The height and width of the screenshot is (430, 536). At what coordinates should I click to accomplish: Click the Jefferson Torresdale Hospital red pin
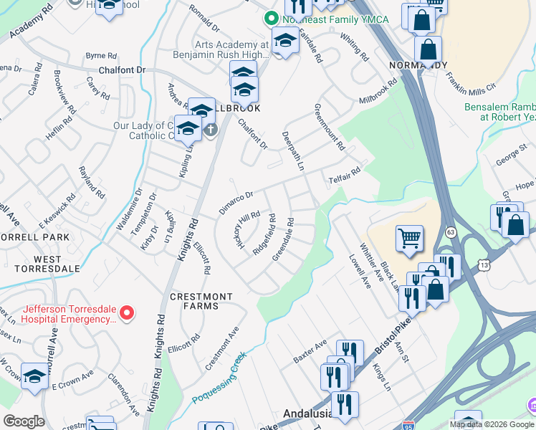coord(127,312)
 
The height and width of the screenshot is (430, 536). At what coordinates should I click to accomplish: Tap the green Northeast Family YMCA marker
coord(271,18)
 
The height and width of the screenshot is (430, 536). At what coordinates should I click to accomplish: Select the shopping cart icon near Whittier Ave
coord(409,237)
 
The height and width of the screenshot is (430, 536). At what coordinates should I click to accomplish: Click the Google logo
coord(24,421)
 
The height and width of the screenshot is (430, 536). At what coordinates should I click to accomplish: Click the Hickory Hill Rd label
coord(246,230)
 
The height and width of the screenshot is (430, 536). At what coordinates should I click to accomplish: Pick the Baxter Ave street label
coord(310,351)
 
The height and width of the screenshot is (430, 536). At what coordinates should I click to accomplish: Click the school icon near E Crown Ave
coord(34,377)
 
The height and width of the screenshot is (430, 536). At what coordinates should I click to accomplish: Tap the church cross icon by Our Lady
coord(209,130)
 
